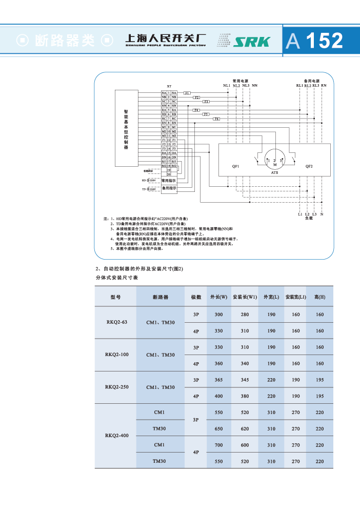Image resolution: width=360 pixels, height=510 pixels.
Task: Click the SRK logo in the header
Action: tap(251, 41)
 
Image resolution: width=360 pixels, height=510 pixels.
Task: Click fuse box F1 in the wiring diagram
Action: tap(187, 92)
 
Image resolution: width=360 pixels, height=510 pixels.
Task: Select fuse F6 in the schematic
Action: tap(216, 119)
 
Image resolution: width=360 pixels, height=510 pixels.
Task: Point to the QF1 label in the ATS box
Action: tap(236, 167)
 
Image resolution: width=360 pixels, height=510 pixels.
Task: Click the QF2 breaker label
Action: tap(309, 167)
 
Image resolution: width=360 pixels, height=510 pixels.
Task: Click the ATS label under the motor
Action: tap(275, 173)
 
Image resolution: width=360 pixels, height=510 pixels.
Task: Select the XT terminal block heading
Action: tap(169, 86)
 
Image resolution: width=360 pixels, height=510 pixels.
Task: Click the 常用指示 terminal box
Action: tap(169, 181)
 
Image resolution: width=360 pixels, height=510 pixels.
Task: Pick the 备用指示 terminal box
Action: tap(169, 189)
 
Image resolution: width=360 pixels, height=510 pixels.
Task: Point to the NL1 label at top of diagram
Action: tap(226, 85)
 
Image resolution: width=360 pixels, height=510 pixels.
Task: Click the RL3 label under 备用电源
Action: tap(316, 85)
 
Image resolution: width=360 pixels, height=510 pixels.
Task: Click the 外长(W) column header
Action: tap(218, 298)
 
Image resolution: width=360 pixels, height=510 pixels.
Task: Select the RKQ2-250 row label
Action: tap(117, 387)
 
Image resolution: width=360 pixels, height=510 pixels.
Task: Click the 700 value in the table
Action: tap(218, 445)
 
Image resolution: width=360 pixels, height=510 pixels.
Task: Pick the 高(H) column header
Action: tap(319, 298)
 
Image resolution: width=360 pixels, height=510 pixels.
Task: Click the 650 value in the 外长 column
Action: tap(218, 428)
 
